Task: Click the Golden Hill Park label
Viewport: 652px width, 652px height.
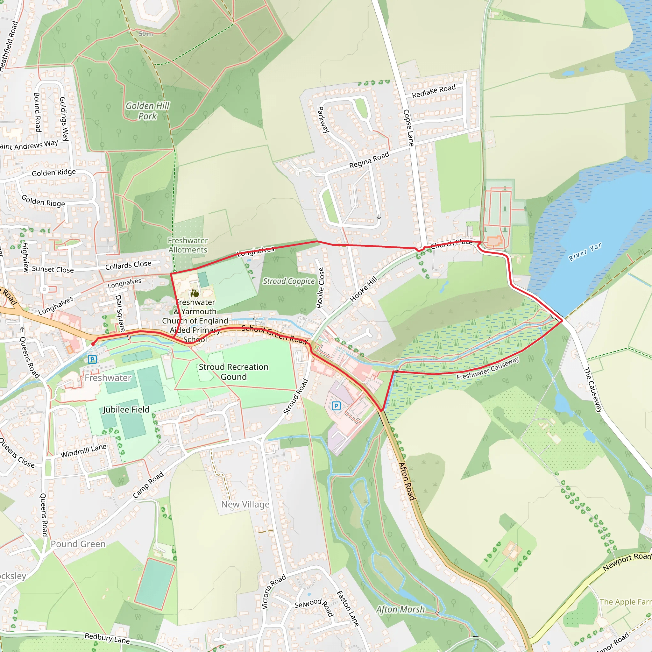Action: coord(147,111)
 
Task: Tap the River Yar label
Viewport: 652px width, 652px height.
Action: coord(585,252)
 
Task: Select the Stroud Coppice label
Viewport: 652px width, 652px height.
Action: coord(288,281)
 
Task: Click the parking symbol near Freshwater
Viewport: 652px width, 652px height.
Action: coord(92,359)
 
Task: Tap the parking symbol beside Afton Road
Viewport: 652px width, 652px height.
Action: coord(336,406)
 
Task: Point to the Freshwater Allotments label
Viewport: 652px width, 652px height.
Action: coord(188,245)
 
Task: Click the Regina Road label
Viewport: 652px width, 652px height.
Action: coord(369,160)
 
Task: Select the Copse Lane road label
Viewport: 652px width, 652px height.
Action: coord(408,128)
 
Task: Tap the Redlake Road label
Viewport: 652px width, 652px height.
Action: coord(434,91)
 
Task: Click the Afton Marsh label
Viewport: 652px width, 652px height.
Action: coord(400,609)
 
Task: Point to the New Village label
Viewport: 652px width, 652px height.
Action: coord(245,504)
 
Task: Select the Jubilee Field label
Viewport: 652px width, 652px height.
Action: coord(126,410)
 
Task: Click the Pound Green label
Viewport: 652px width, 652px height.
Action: coord(78,544)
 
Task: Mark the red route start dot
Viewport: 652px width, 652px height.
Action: coord(93,344)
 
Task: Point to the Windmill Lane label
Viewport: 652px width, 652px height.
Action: coord(83,451)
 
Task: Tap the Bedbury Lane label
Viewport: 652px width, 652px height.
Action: coord(107,638)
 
